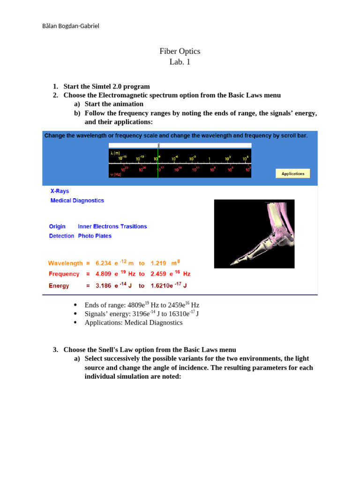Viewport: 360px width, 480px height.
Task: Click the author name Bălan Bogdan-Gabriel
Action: coord(70,26)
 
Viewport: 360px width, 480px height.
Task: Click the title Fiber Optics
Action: coord(180,51)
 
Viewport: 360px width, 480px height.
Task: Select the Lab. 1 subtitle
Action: coord(180,61)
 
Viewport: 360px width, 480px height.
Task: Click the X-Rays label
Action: coord(60,191)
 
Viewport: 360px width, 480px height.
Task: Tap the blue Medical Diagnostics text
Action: coord(77,201)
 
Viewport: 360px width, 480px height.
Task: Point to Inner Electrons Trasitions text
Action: coord(112,226)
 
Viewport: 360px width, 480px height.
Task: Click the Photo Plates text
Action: coord(95,236)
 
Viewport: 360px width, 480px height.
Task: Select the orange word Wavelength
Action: coord(65,263)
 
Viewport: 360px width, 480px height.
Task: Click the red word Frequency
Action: coord(64,274)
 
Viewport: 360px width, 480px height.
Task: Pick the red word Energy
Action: coord(59,286)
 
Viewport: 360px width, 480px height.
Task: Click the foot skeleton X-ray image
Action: coord(254,233)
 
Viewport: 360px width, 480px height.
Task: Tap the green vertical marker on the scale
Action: coord(158,162)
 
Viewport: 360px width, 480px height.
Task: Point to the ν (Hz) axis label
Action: coord(116,174)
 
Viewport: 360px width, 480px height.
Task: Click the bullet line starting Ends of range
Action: coord(142,305)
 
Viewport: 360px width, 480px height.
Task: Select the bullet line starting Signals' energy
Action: coord(142,314)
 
